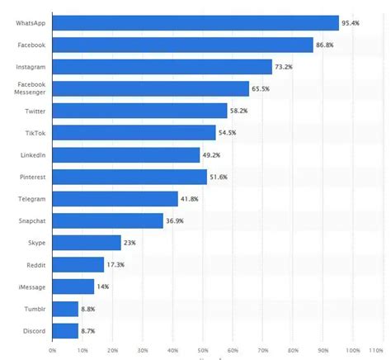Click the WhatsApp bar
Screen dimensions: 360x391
pyautogui.click(x=195, y=22)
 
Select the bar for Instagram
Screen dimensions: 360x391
pyautogui.click(x=162, y=67)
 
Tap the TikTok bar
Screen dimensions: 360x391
pyautogui.click(x=134, y=133)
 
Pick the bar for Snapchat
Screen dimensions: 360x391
pyautogui.click(x=107, y=220)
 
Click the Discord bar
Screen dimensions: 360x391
pyautogui.click(x=65, y=331)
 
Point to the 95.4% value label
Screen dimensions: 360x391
pyautogui.click(x=353, y=22)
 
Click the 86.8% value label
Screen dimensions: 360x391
pyautogui.click(x=327, y=45)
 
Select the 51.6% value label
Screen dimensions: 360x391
pyautogui.click(x=221, y=177)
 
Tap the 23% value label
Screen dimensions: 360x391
pyautogui.click(x=129, y=243)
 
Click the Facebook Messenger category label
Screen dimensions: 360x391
pyautogui.click(x=32, y=88)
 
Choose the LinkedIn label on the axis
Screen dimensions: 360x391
pyautogui.click(x=32, y=155)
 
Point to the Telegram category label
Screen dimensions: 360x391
pyautogui.click(x=32, y=199)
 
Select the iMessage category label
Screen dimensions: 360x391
pyautogui.click(x=32, y=287)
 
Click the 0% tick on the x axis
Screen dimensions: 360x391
pyautogui.click(x=52, y=350)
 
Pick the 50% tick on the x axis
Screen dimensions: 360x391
pyautogui.click(x=203, y=350)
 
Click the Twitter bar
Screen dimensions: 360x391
pyautogui.click(x=139, y=111)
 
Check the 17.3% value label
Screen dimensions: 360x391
pyautogui.click(x=118, y=265)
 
